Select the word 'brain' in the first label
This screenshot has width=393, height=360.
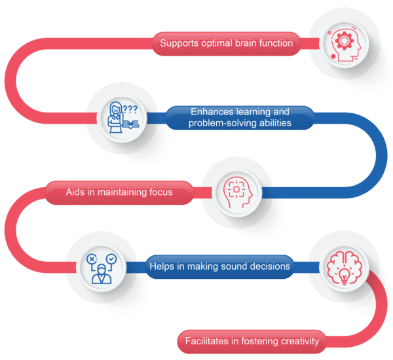pyautogui.click(x=257, y=45)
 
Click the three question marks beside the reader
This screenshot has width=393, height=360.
pyautogui.click(x=130, y=109)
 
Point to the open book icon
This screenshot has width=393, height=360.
pyautogui.click(x=128, y=123)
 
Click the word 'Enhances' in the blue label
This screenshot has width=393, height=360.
pyautogui.click(x=213, y=112)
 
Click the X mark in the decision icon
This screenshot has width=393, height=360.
pyautogui.click(x=91, y=260)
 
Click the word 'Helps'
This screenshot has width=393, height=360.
pyautogui.click(x=162, y=266)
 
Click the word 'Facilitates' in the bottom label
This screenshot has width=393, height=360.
pyautogui.click(x=206, y=341)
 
